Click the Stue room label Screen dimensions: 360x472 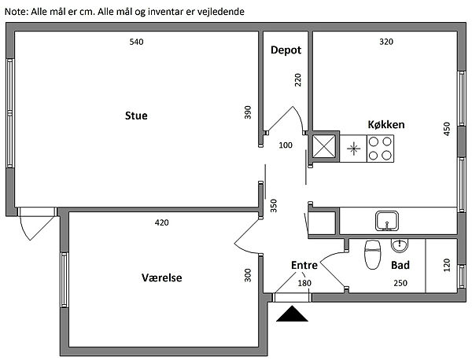(136, 116)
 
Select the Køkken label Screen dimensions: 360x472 (386, 125)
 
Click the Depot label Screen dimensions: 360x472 (286, 50)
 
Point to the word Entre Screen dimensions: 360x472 (304, 266)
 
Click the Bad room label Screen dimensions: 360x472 (400, 266)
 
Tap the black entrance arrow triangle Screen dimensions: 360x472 (293, 314)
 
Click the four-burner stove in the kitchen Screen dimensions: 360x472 (381, 148)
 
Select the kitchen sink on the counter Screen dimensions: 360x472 (386, 219)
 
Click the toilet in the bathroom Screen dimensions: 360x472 (372, 255)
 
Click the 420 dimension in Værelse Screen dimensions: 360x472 (161, 223)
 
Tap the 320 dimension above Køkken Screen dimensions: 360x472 (385, 42)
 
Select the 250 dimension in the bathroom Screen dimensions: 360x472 (400, 283)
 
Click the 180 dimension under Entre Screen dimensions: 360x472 (304, 283)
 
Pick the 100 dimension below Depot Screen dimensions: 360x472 (286, 145)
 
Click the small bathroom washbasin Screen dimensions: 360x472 (399, 245)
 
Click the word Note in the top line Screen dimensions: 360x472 (15, 13)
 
